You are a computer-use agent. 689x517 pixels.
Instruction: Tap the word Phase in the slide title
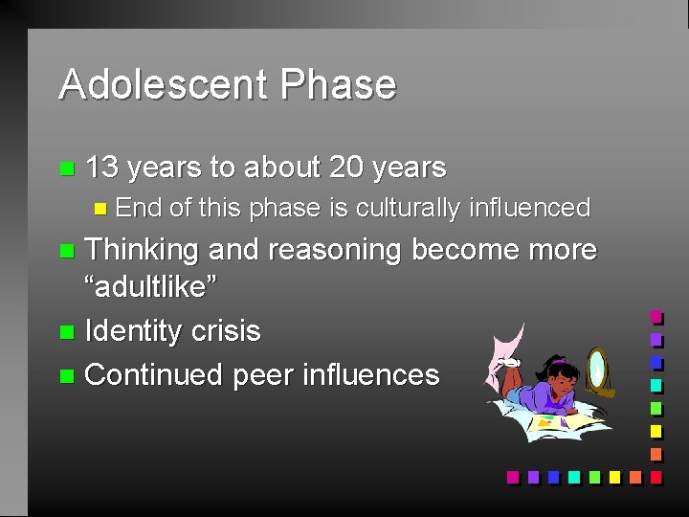click(338, 84)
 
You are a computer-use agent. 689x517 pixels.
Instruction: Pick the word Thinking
click(142, 250)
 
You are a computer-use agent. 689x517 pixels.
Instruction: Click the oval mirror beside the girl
click(597, 369)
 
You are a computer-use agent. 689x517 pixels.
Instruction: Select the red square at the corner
click(656, 476)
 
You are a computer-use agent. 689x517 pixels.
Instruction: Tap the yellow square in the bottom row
click(614, 476)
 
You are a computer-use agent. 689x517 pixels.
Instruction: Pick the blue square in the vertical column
click(656, 362)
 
